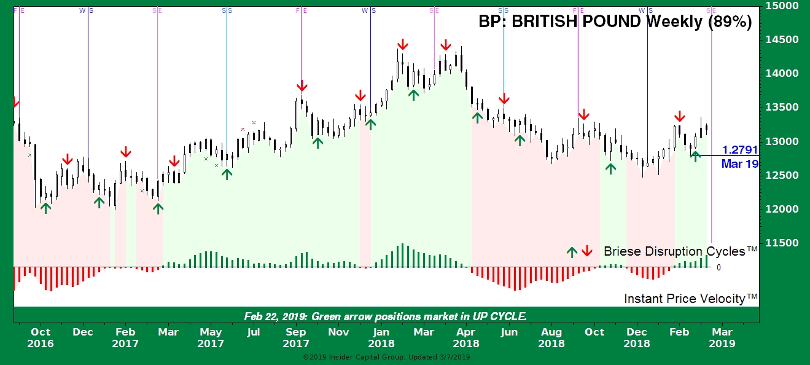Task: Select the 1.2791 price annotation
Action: point(739,149)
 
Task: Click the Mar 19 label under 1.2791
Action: point(739,164)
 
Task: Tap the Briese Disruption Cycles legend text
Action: point(680,251)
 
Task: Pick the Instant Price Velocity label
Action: point(690,299)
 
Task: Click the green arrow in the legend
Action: point(572,251)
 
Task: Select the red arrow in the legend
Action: point(586,251)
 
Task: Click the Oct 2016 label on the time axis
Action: point(41,338)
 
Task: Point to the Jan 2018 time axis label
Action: point(381,338)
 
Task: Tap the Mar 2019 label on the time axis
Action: point(722,338)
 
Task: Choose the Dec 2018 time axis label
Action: point(637,338)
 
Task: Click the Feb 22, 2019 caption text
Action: point(385,316)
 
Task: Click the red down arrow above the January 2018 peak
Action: point(402,45)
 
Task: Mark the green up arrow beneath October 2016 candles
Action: point(46,208)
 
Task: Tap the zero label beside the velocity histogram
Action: point(718,268)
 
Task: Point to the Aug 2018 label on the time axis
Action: point(551,338)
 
